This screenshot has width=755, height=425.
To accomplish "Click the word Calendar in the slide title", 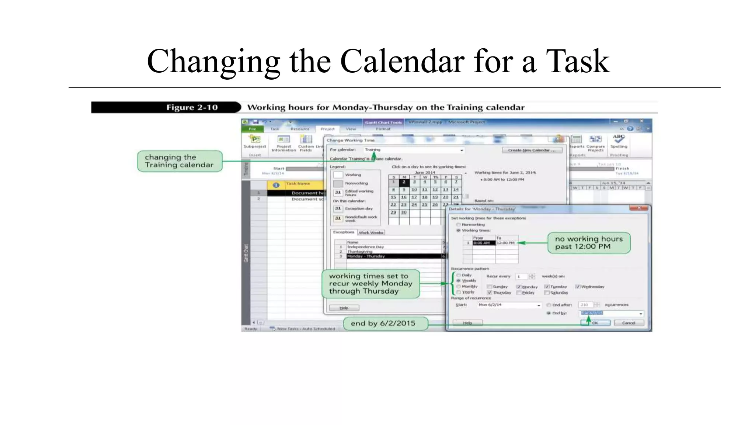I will pyautogui.click(x=402, y=61).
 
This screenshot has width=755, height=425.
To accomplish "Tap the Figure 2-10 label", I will pyautogui.click(x=192, y=107).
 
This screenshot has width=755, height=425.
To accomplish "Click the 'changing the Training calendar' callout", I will pyautogui.click(x=180, y=161).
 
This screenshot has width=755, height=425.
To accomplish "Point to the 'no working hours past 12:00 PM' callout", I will pyautogui.click(x=588, y=243).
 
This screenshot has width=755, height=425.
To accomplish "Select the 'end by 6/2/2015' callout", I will pyautogui.click(x=383, y=323).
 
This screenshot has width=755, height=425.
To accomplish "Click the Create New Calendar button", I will pyautogui.click(x=532, y=150).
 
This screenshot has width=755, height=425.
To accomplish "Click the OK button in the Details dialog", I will pyautogui.click(x=595, y=323).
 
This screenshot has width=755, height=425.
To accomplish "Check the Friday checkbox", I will pyautogui.click(x=519, y=293).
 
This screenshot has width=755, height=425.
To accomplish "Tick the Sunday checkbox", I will pyautogui.click(x=489, y=287).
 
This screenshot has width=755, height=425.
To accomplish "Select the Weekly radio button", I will pyautogui.click(x=459, y=281).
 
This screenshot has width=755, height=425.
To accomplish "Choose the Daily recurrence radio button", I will pyautogui.click(x=459, y=275).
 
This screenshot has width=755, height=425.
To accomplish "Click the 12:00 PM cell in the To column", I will pyautogui.click(x=506, y=243).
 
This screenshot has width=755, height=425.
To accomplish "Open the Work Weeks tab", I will pyautogui.click(x=371, y=232).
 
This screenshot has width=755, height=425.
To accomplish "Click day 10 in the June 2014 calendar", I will pyautogui.click(x=414, y=190).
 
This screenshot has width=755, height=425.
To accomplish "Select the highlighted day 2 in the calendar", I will pyautogui.click(x=404, y=182).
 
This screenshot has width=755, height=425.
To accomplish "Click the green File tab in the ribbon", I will pyautogui.click(x=253, y=129).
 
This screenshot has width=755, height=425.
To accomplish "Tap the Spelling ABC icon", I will pyautogui.click(x=619, y=139).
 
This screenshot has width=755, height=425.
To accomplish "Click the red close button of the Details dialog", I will pyautogui.click(x=639, y=208).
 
